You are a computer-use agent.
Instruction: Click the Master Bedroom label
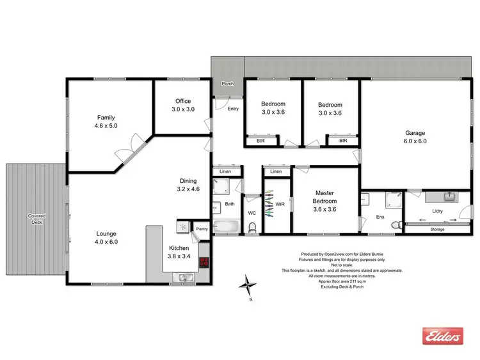(x=324, y=201)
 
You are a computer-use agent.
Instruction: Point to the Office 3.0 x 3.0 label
(x=182, y=106)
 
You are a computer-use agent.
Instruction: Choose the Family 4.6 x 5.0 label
(x=106, y=121)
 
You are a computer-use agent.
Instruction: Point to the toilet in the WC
(x=253, y=226)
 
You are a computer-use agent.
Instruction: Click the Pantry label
(x=202, y=228)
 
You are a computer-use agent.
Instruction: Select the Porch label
(x=227, y=84)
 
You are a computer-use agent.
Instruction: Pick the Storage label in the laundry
(x=437, y=229)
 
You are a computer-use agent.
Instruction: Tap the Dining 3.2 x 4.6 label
(x=188, y=185)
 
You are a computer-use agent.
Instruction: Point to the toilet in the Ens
(x=396, y=223)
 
